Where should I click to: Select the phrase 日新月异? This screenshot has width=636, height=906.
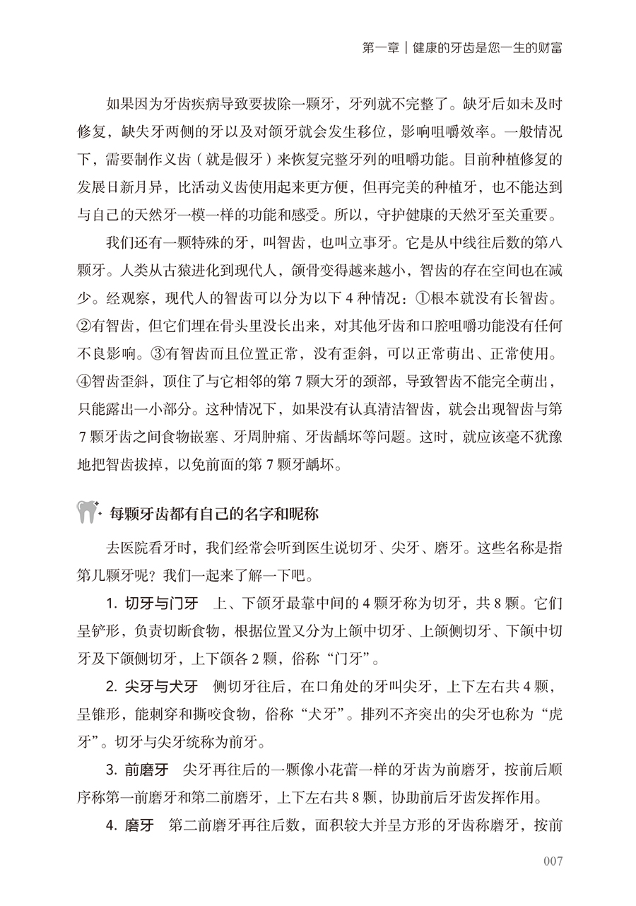coord(139,187)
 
